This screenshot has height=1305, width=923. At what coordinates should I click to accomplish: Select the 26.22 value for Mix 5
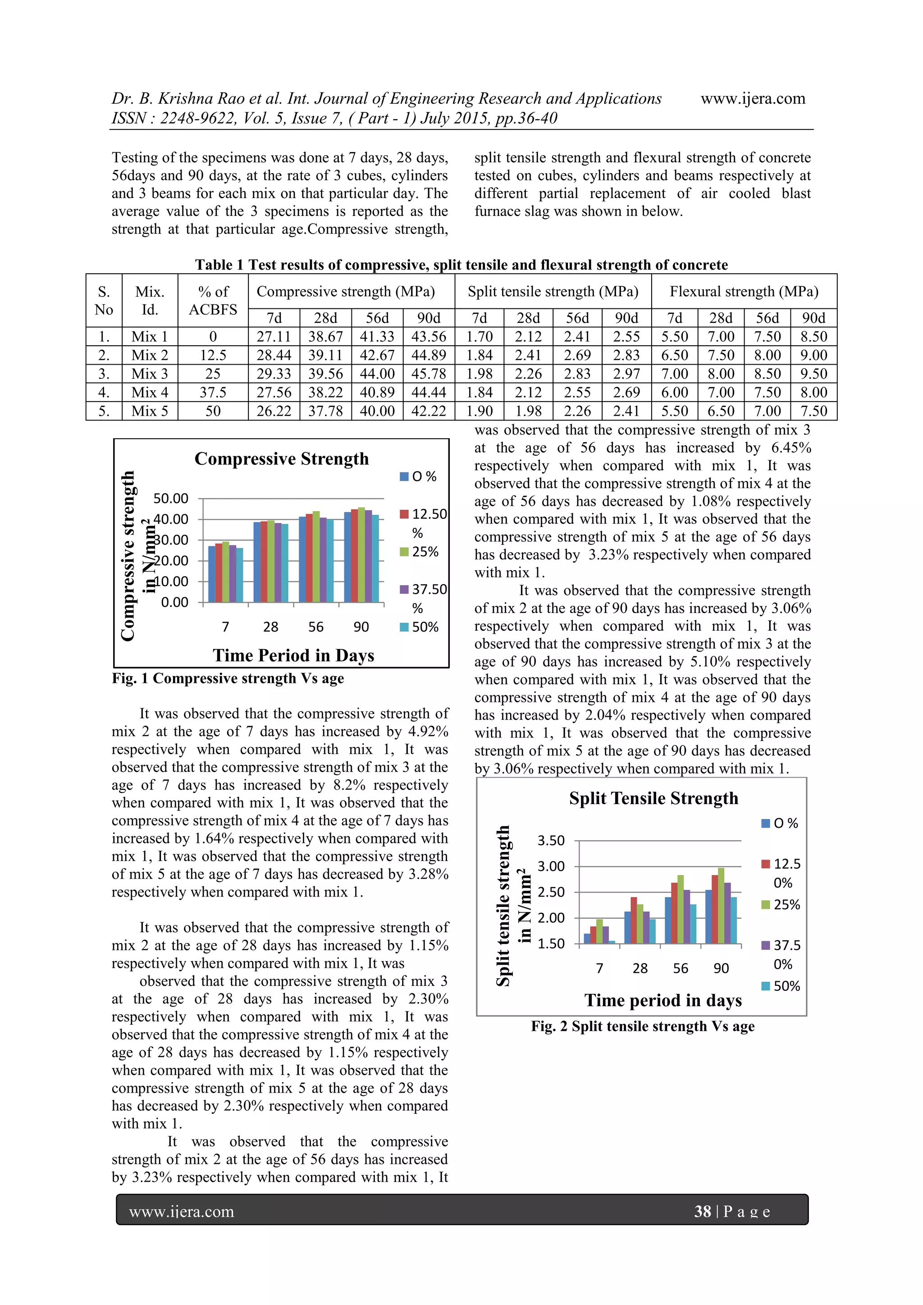coord(274,411)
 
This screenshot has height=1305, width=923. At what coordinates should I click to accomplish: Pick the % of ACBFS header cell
coord(213,300)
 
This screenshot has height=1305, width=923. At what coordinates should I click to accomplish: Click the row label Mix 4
coord(150,392)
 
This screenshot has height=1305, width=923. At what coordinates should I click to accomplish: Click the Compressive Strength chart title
coord(281,459)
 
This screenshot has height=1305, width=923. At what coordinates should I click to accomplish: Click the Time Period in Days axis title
coord(293,655)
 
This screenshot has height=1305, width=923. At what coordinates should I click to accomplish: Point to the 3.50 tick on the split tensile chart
coord(551,840)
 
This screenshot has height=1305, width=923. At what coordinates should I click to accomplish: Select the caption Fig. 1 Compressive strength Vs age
coord(228,679)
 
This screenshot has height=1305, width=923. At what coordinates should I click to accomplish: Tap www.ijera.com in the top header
coord(753,98)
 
